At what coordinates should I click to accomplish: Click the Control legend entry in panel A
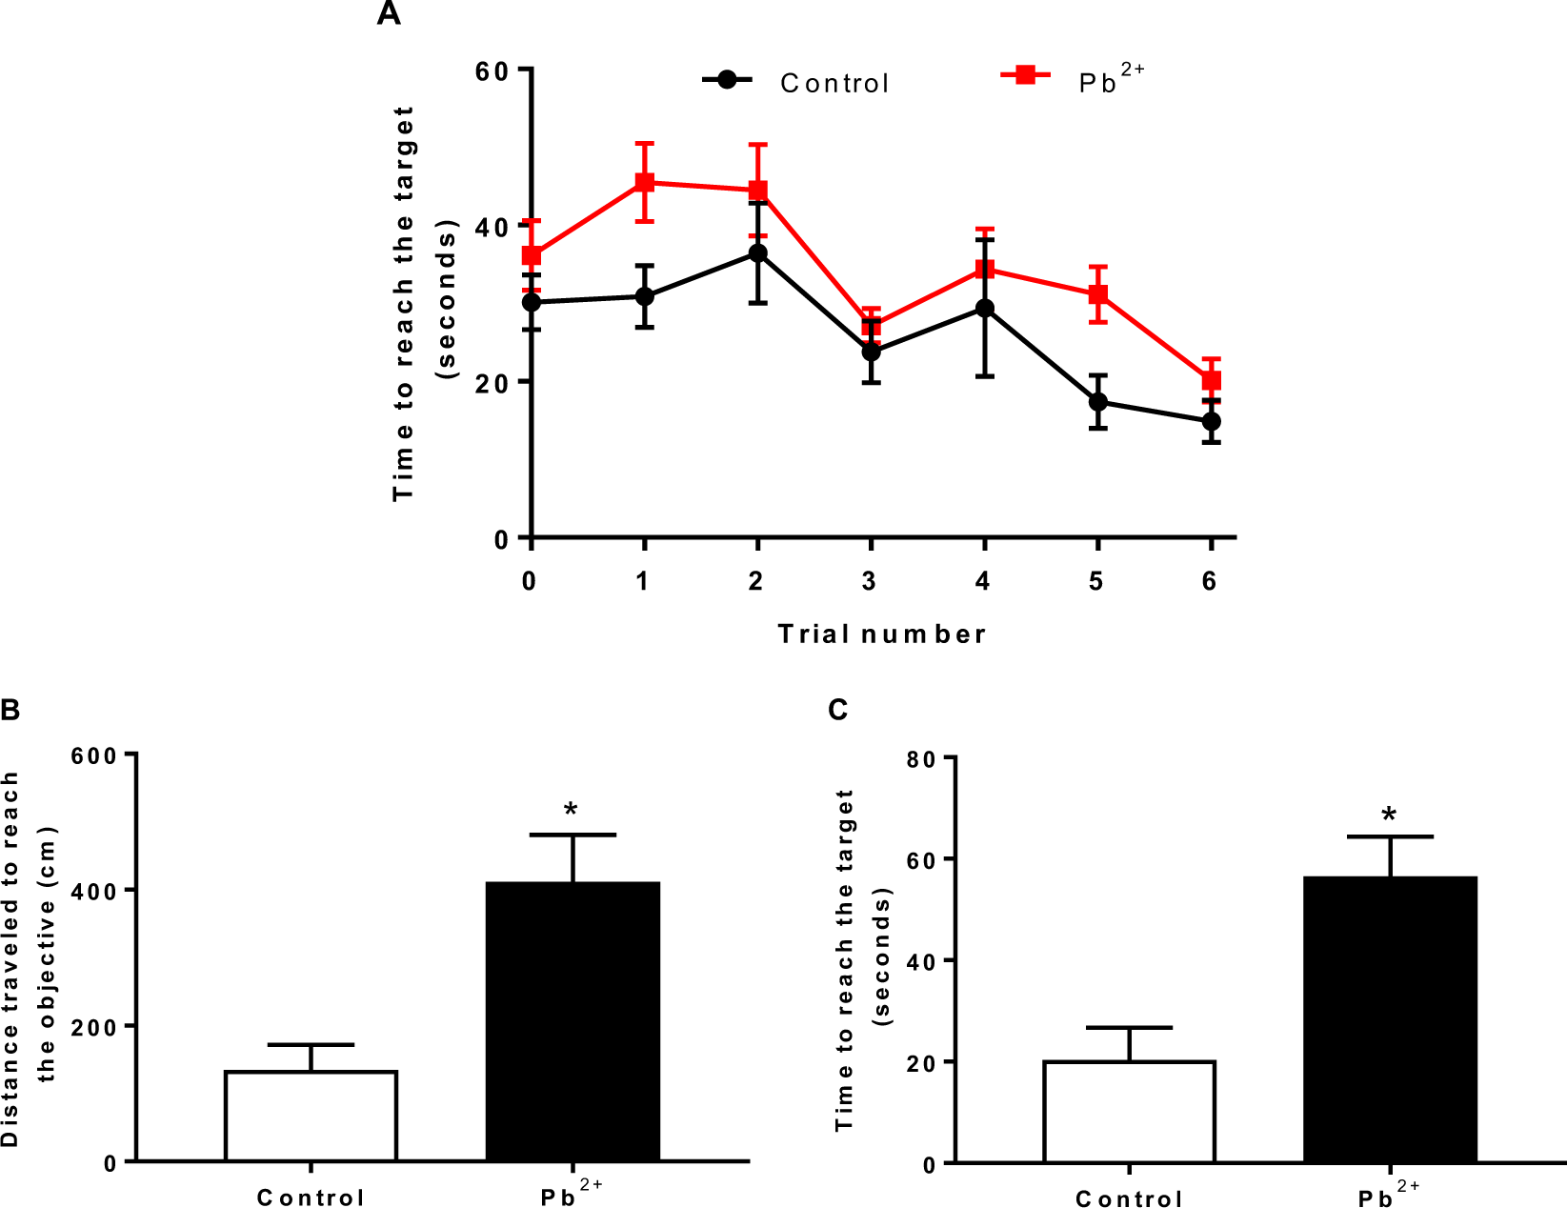click(x=834, y=83)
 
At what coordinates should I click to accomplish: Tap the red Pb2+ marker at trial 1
click(x=645, y=182)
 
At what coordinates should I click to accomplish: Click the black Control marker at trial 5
click(x=1098, y=401)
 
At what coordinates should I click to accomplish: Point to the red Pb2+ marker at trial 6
click(x=1211, y=381)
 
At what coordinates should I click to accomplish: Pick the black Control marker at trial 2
click(x=758, y=253)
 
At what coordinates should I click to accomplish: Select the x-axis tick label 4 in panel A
click(x=983, y=581)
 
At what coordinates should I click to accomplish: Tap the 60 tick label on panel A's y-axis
click(x=492, y=71)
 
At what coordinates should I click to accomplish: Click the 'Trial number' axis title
click(x=882, y=634)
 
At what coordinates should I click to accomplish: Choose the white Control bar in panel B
click(x=311, y=1116)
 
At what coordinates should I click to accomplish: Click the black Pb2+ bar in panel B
click(x=573, y=1020)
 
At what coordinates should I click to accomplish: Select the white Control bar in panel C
click(x=1129, y=1111)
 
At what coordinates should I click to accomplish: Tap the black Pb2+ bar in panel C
click(x=1390, y=1018)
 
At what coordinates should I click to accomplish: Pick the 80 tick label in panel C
click(x=920, y=760)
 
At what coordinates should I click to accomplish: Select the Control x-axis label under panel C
click(x=1129, y=1198)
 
